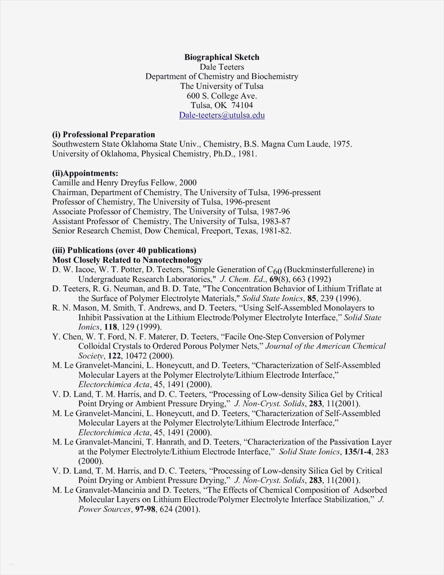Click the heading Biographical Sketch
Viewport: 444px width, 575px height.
coord(222,57)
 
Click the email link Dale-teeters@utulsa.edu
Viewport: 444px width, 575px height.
coord(222,115)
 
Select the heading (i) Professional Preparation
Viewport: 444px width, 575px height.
coord(104,135)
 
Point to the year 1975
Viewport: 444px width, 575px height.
coord(342,144)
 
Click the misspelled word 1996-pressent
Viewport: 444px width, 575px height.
coord(297,193)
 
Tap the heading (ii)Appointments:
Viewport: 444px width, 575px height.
coord(85,173)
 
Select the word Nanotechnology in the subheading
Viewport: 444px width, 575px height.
coord(172,260)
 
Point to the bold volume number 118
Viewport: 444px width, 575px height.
coord(110,327)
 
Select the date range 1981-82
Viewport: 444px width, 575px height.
coord(276,231)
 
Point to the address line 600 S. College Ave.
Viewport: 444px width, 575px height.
coord(222,96)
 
